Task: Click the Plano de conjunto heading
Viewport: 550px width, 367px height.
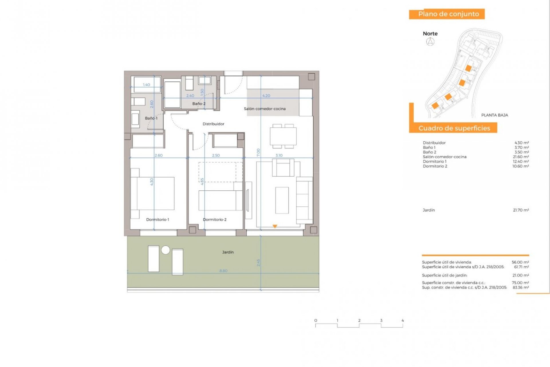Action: (x=448, y=14)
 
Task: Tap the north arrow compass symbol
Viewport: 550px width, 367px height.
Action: (x=430, y=42)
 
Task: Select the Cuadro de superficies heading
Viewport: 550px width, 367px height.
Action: (x=454, y=128)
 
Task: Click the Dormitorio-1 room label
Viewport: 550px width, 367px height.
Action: (x=158, y=220)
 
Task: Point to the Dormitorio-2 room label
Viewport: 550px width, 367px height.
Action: (x=215, y=220)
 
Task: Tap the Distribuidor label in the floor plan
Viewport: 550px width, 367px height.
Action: (x=213, y=124)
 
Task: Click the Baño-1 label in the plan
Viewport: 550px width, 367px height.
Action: (x=151, y=118)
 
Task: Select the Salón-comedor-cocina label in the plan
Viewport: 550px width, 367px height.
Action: (x=265, y=109)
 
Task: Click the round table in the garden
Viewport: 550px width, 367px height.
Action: (x=166, y=250)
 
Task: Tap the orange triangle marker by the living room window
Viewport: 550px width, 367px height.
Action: (x=275, y=227)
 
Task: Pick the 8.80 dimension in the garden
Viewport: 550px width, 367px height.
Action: (x=223, y=271)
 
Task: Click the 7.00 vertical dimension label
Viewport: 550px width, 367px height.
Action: (x=258, y=152)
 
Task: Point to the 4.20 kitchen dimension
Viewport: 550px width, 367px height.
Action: (x=266, y=96)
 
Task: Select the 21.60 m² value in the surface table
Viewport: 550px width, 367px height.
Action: (x=520, y=157)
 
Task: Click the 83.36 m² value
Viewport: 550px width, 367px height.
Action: (x=520, y=287)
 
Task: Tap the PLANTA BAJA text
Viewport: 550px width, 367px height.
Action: (x=494, y=115)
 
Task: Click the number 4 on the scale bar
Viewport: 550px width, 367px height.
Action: (x=402, y=321)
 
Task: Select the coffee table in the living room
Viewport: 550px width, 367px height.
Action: (x=282, y=200)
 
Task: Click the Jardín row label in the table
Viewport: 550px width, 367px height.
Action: (x=429, y=210)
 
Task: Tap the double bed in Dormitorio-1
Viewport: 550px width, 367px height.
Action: (x=155, y=194)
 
